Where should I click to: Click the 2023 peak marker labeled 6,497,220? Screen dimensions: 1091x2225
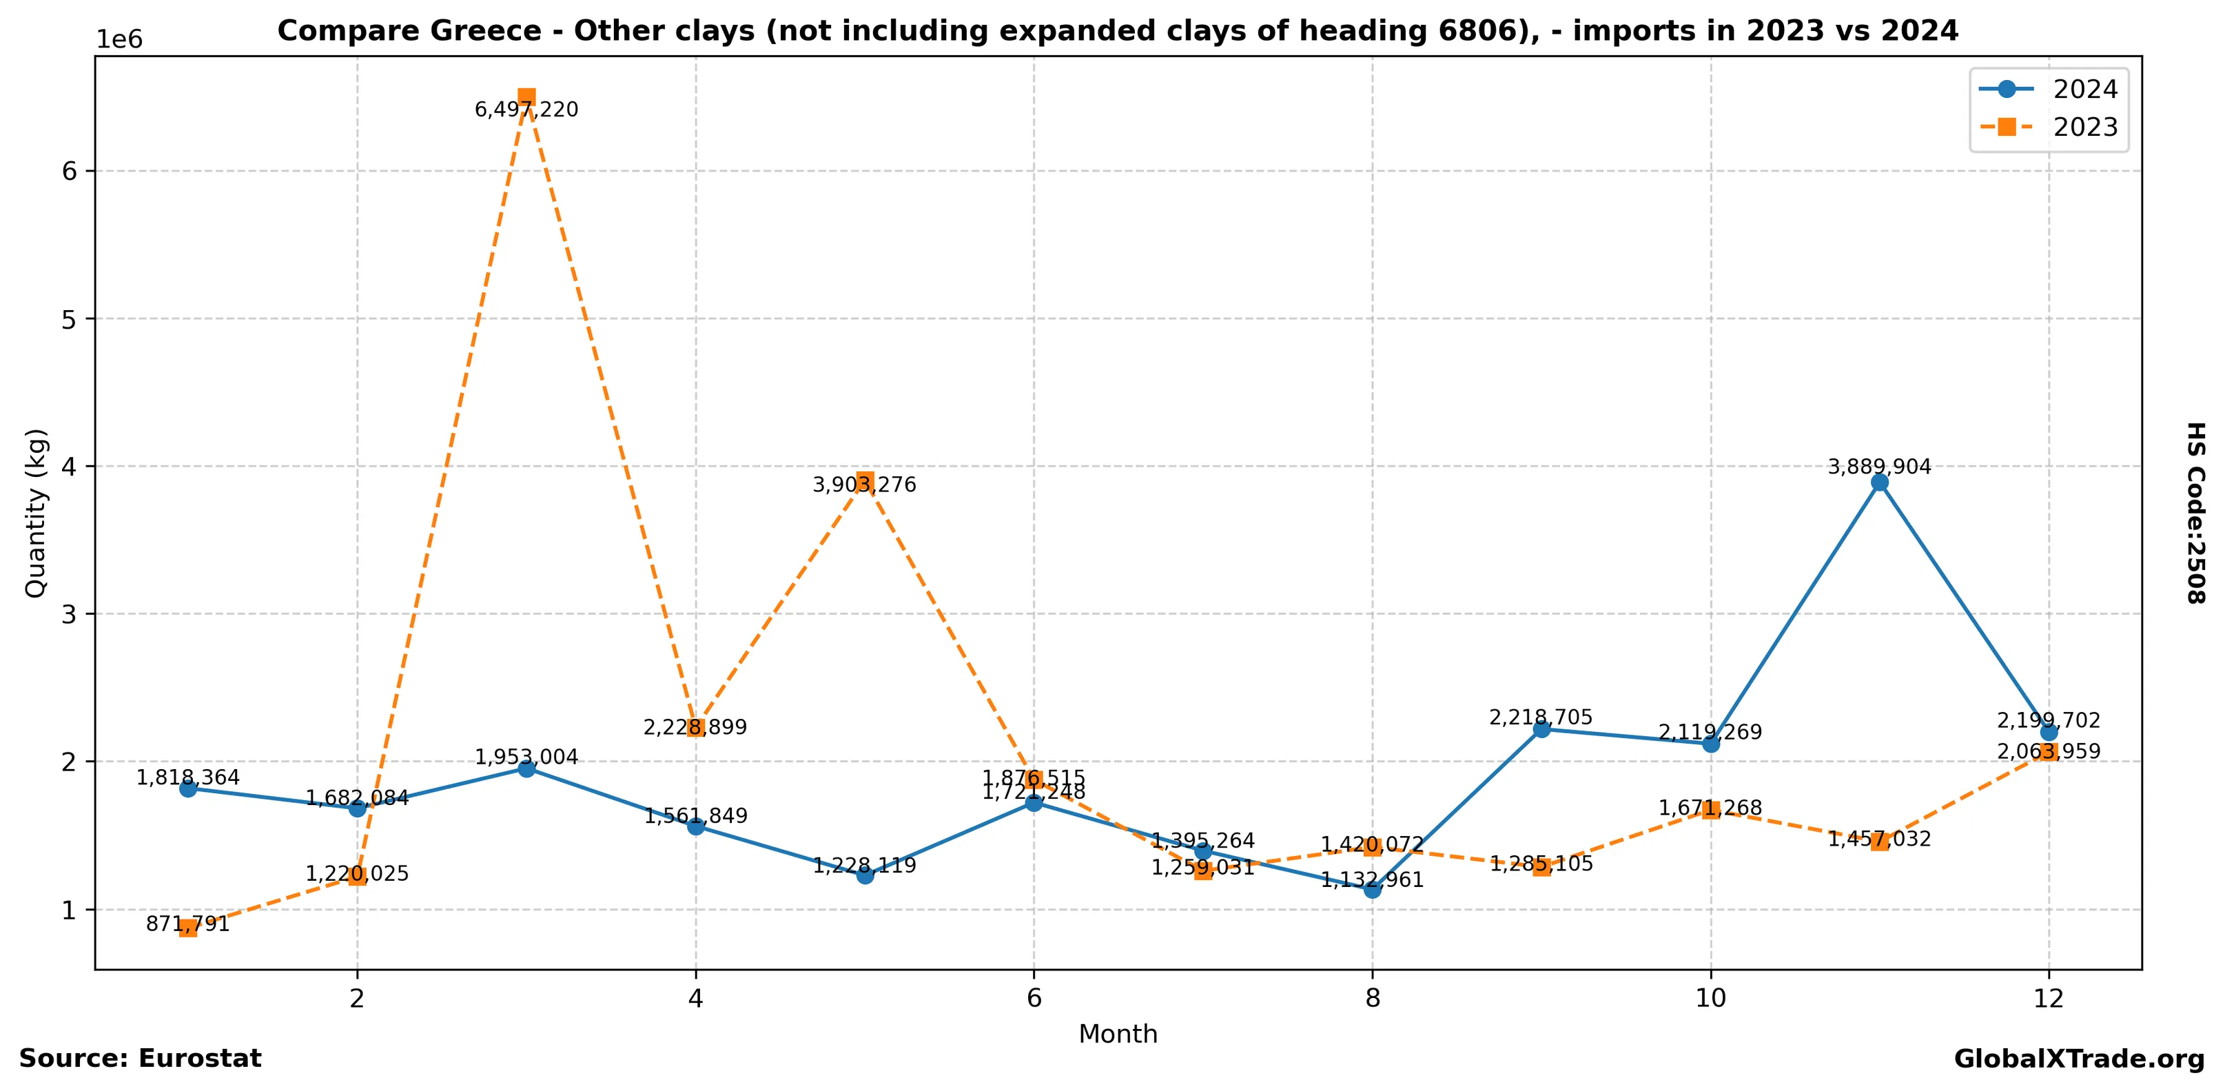(x=526, y=96)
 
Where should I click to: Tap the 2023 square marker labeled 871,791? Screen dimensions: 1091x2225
(x=188, y=928)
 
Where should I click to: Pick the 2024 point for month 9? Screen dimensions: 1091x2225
(x=1541, y=729)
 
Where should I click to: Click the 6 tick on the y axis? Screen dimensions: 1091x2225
(x=69, y=171)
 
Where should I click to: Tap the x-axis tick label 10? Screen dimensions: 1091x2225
(x=1710, y=999)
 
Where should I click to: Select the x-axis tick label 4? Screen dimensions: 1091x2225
(x=695, y=999)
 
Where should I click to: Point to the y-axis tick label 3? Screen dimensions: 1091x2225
(x=69, y=614)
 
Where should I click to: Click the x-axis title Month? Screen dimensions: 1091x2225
(x=1118, y=1034)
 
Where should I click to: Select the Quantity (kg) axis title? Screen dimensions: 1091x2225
(x=35, y=512)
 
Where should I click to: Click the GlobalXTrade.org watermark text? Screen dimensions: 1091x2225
(x=2079, y=1059)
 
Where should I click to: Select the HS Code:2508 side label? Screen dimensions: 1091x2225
(x=2195, y=512)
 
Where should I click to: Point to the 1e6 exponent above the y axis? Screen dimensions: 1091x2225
(x=119, y=40)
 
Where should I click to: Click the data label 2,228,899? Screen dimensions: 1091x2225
(x=695, y=727)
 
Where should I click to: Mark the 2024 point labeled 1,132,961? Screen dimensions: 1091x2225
(x=1373, y=890)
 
